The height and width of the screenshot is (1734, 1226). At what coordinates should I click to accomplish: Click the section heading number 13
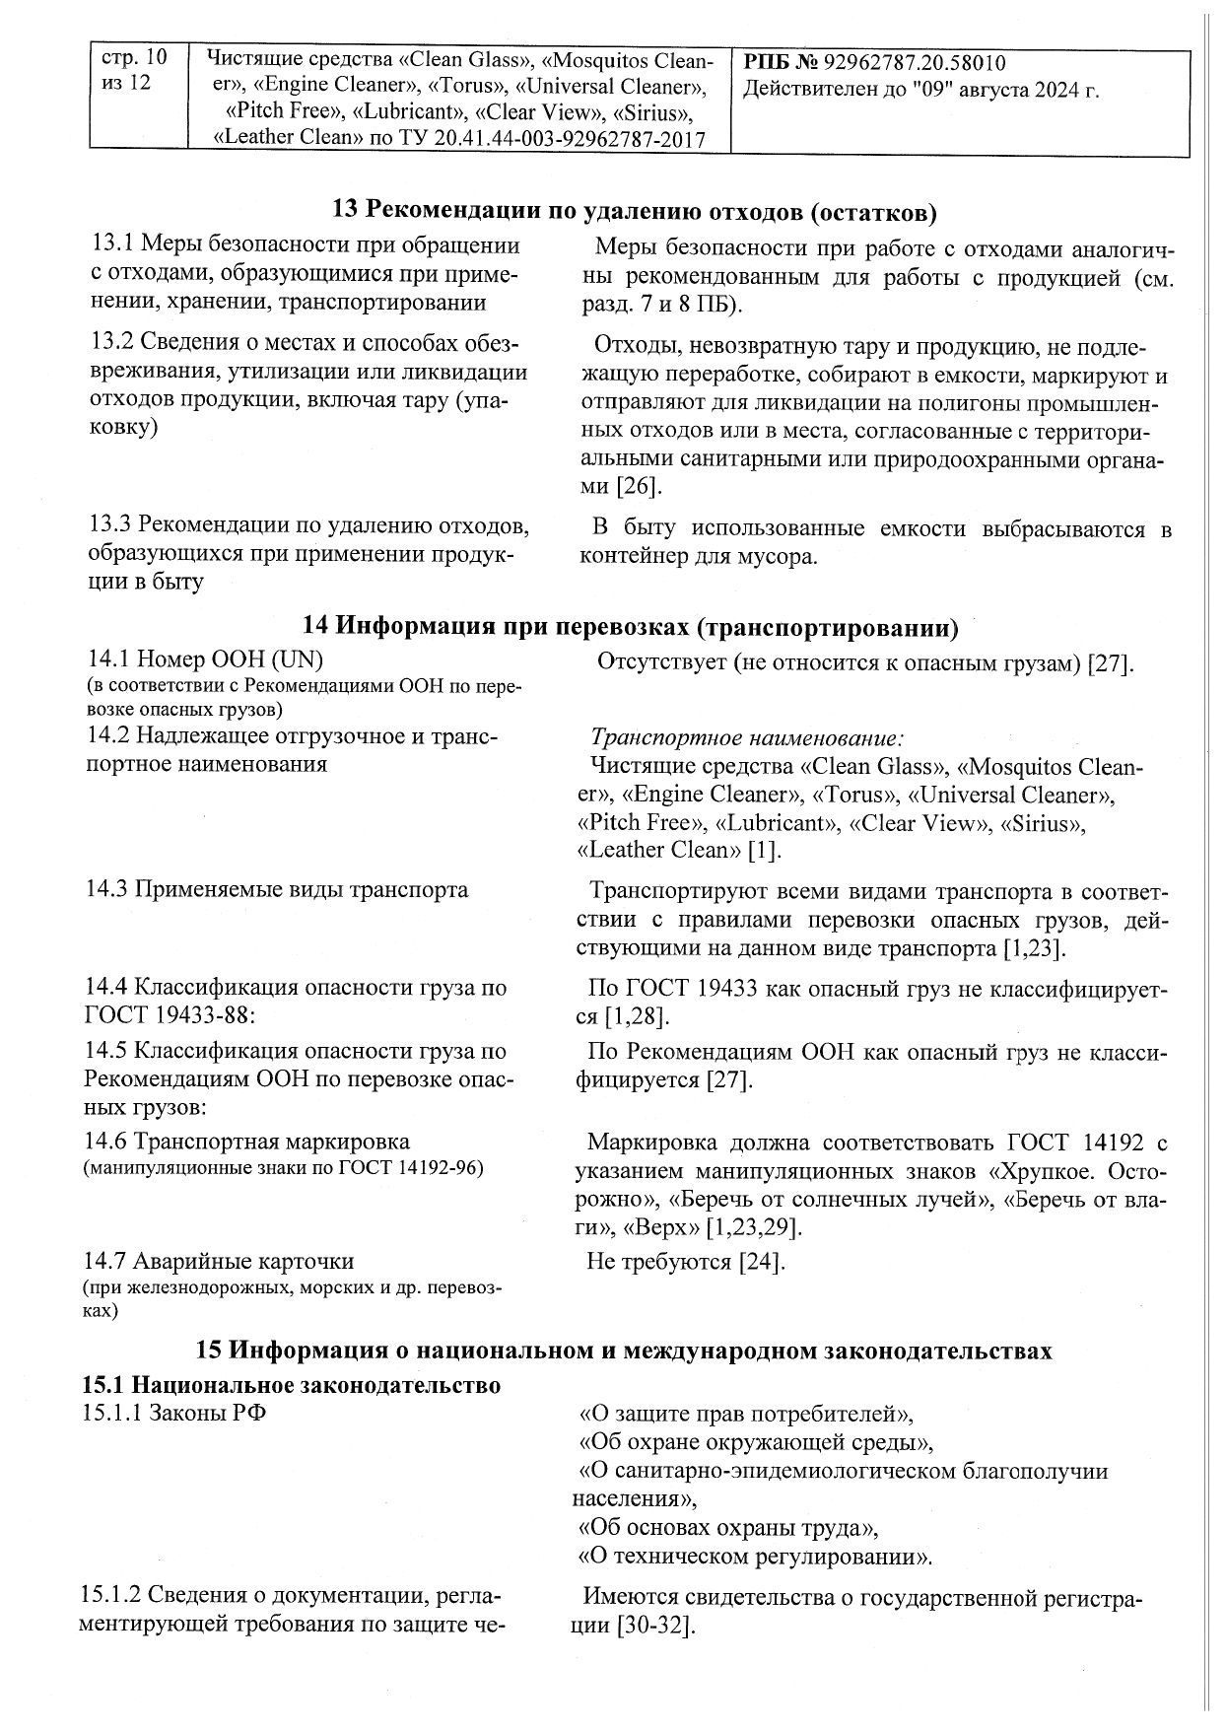pos(346,210)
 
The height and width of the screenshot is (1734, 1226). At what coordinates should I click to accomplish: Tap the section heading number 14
pos(314,627)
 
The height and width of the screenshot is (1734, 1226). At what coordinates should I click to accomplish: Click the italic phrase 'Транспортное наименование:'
pos(747,737)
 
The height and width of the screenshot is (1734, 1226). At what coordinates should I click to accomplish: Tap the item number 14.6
pos(105,1142)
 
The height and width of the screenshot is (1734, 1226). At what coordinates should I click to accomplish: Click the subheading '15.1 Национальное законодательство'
pos(291,1384)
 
